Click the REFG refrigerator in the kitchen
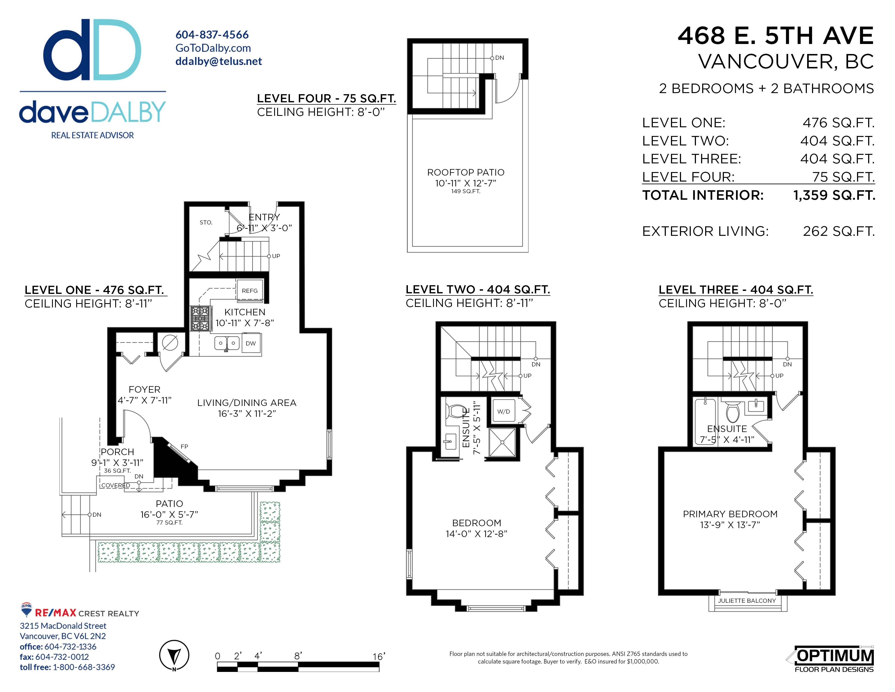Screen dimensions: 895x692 (x=249, y=291)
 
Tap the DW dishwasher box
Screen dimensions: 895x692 (x=251, y=343)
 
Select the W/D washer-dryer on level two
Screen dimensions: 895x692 (x=504, y=411)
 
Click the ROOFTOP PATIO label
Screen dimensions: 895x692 (x=465, y=172)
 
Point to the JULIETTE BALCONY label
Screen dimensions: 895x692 (x=747, y=601)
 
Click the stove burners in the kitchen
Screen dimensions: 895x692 (x=200, y=318)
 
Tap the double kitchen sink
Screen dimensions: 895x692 (x=227, y=343)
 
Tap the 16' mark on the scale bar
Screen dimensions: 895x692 (x=378, y=657)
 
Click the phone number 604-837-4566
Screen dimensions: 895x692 (x=212, y=35)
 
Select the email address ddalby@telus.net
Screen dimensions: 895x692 (x=218, y=61)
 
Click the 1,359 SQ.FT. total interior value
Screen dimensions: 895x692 (x=834, y=195)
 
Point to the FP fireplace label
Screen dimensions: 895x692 (x=184, y=446)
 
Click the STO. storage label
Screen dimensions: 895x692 (x=206, y=223)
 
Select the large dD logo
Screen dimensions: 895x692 (x=92, y=50)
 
